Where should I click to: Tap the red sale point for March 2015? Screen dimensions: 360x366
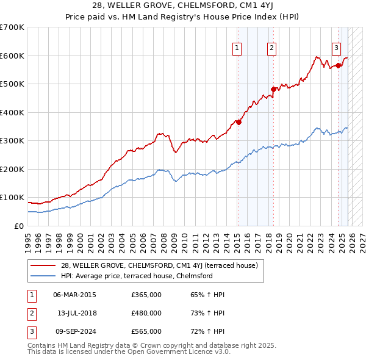click(239, 122)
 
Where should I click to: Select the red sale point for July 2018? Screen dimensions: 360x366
click(274, 89)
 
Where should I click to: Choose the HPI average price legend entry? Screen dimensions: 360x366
click(136, 276)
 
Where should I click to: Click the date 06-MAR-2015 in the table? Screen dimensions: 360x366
click(74, 295)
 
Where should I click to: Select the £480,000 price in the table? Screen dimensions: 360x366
click(146, 313)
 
